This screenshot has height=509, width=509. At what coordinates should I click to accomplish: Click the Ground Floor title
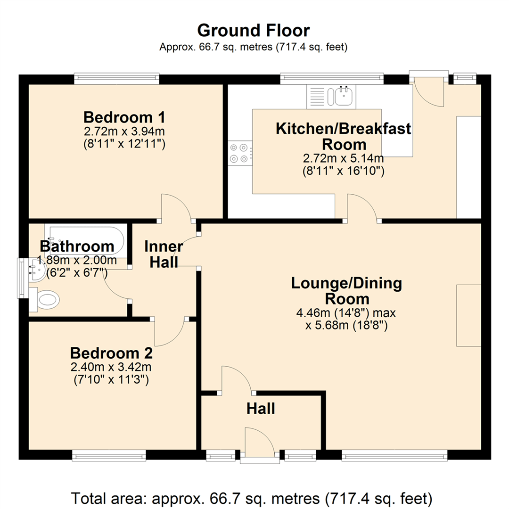tap(253, 31)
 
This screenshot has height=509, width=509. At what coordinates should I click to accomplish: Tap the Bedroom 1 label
tap(124, 117)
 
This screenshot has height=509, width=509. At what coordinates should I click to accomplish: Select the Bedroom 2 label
tap(111, 353)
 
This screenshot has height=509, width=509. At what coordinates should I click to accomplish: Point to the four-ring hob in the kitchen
tap(240, 153)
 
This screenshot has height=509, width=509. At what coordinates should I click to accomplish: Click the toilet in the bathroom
tap(44, 300)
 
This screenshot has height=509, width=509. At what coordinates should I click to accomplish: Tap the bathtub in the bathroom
tap(84, 241)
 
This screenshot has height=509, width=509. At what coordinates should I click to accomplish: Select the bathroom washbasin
tap(36, 270)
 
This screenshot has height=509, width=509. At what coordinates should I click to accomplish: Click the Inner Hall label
tap(164, 254)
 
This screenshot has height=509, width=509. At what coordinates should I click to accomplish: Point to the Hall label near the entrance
tap(261, 408)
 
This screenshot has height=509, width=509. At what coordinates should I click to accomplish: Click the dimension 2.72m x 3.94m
tap(124, 131)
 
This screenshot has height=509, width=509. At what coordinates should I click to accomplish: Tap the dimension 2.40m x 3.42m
tap(111, 367)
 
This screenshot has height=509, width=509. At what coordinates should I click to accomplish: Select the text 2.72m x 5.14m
tap(344, 158)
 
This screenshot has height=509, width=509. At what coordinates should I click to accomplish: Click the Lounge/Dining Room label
tap(347, 291)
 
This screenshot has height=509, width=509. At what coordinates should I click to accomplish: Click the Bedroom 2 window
tap(109, 455)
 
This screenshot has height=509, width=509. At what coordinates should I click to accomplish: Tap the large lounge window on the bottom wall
tap(395, 455)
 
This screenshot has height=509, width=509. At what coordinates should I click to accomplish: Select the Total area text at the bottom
tap(252, 498)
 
